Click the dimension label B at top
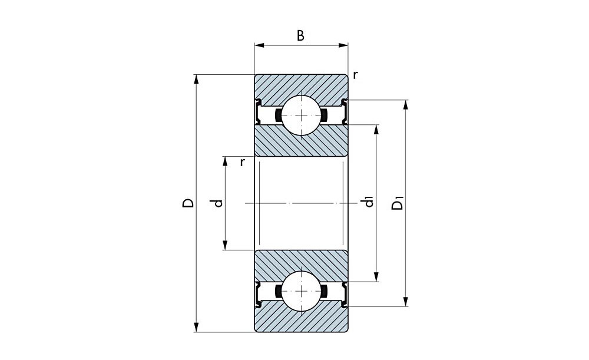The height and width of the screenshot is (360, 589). [x=300, y=36]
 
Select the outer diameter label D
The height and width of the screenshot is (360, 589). [x=188, y=203]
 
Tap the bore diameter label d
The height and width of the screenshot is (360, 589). [x=219, y=203]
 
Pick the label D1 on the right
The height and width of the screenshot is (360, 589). [x=398, y=204]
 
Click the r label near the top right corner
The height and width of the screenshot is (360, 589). [x=355, y=75]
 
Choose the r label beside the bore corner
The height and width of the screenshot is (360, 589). [x=242, y=162]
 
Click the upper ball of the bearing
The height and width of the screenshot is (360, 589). [x=301, y=114]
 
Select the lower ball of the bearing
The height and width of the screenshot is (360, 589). [x=301, y=292]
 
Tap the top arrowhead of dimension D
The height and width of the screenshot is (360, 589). [x=196, y=79]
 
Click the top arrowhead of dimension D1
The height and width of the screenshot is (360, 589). [x=405, y=105]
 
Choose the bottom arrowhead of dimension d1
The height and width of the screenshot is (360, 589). [x=377, y=278]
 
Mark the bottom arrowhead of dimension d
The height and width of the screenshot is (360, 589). [x=225, y=246]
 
